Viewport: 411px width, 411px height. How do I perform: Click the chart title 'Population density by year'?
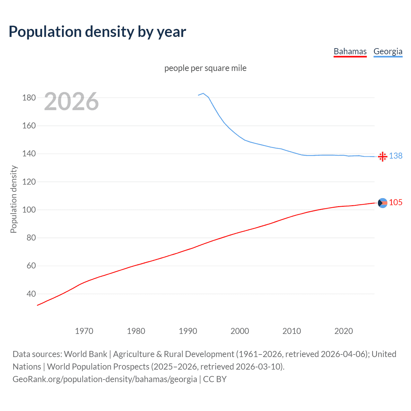point(97,32)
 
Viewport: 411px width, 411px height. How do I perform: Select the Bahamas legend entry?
point(350,51)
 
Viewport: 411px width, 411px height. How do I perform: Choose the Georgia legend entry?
point(388,51)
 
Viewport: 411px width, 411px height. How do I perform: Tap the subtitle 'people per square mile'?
point(205,68)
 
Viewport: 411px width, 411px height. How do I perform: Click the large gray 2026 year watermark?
point(71,101)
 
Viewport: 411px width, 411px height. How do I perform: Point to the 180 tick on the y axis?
point(29,98)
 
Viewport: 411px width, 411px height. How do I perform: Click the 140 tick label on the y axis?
point(29,154)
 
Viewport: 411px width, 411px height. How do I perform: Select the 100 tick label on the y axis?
point(29,210)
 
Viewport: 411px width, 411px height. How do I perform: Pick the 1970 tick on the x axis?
point(84,331)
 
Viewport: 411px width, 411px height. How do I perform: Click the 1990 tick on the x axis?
point(188,331)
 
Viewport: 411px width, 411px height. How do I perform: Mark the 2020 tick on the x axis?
point(344,331)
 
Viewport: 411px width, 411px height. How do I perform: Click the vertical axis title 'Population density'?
point(13,199)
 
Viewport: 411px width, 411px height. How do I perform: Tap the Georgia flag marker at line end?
point(382,156)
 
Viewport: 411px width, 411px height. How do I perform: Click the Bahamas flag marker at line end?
point(382,203)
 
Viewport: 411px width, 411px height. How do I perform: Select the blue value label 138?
point(396,156)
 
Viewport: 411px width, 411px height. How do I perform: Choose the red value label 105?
point(396,202)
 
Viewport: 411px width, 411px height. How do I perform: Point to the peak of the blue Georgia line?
point(203,93)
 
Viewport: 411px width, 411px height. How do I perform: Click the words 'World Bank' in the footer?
point(85,354)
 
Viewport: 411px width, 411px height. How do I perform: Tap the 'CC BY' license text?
point(215,379)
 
